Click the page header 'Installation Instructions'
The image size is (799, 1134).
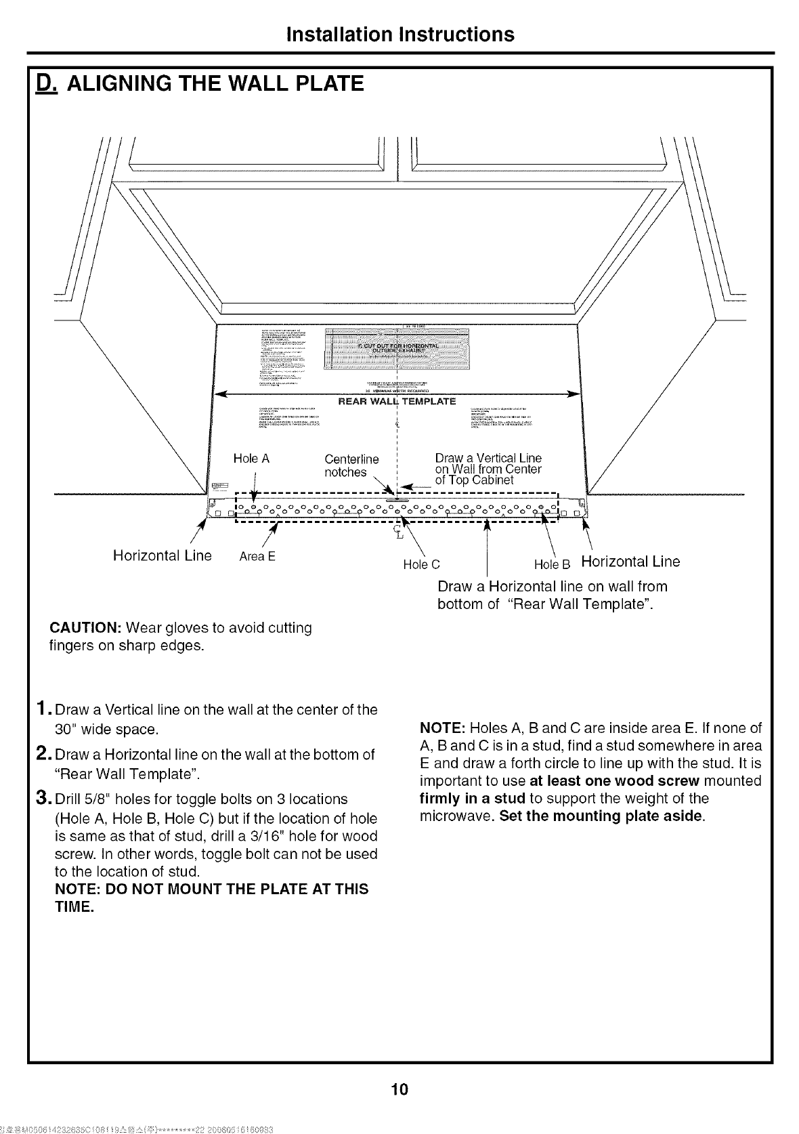pyautogui.click(x=399, y=34)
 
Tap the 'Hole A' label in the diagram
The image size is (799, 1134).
pyautogui.click(x=251, y=459)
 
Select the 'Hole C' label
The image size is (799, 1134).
pyautogui.click(x=421, y=564)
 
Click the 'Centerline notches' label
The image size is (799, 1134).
pyautogui.click(x=351, y=465)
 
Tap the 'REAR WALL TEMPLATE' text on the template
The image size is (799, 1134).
pyautogui.click(x=397, y=402)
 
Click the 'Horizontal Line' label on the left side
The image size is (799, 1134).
pyautogui.click(x=162, y=556)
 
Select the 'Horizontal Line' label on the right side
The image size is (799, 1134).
pyautogui.click(x=630, y=562)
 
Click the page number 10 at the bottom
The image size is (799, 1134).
pyautogui.click(x=399, y=1089)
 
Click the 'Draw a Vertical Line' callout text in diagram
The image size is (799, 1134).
pyautogui.click(x=488, y=459)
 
